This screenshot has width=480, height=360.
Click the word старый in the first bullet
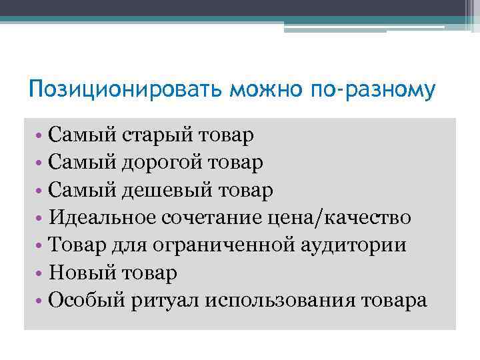pyautogui.click(x=159, y=135)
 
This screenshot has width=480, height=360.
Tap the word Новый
pyautogui.click(x=81, y=273)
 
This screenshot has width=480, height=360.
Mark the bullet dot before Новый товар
pyautogui.click(x=41, y=273)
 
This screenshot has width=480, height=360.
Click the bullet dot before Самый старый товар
pyautogui.click(x=41, y=136)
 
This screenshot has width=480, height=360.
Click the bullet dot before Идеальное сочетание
pyautogui.click(x=41, y=218)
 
